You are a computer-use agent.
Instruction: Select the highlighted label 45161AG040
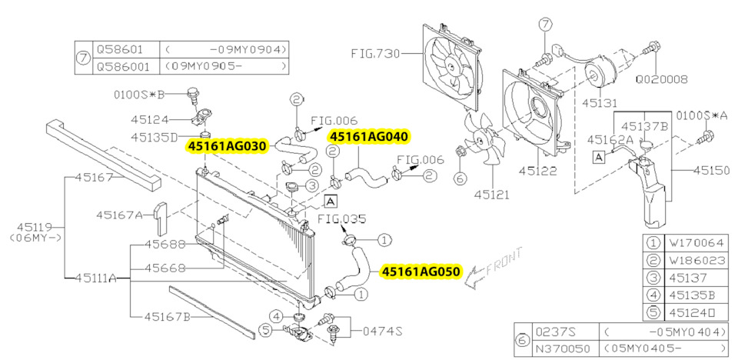point(370,136)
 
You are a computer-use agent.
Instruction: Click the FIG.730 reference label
point(375,54)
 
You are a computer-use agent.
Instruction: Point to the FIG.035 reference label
point(341,219)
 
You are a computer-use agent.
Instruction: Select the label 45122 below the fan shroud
point(538,170)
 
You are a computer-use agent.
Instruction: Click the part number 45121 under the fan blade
point(492,195)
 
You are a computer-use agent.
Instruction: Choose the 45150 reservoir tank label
point(713,171)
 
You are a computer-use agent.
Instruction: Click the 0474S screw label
point(383,332)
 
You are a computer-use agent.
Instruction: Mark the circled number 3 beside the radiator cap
point(312,186)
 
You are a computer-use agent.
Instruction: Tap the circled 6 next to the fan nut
point(460,178)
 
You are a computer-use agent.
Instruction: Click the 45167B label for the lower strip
point(167,317)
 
